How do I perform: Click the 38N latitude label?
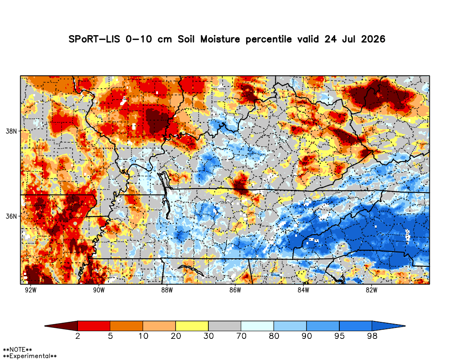pyautogui.click(x=12, y=131)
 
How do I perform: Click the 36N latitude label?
pyautogui.click(x=12, y=216)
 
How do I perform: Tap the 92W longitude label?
pyautogui.click(x=31, y=290)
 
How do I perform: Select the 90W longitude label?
pyautogui.click(x=99, y=290)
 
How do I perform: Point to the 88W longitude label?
pyautogui.click(x=167, y=290)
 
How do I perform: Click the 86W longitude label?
pyautogui.click(x=235, y=290)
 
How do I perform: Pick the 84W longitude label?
pyautogui.click(x=303, y=290)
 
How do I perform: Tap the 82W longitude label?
pyautogui.click(x=371, y=290)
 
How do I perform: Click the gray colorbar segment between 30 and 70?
pyautogui.click(x=225, y=326)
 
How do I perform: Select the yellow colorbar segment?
pyautogui.click(x=192, y=326)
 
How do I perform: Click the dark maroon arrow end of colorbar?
pyautogui.click(x=61, y=326)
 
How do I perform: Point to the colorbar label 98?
pyautogui.click(x=372, y=336)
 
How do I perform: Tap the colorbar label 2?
pyautogui.click(x=78, y=336)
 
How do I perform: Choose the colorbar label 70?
pyautogui.click(x=241, y=336)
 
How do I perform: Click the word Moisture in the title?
pyautogui.click(x=220, y=39)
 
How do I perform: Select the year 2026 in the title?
pyautogui.click(x=373, y=39)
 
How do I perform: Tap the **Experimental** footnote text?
pyautogui.click(x=30, y=356)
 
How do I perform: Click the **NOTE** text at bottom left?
pyautogui.click(x=17, y=350)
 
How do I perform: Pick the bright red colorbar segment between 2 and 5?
pyautogui.click(x=94, y=326)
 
